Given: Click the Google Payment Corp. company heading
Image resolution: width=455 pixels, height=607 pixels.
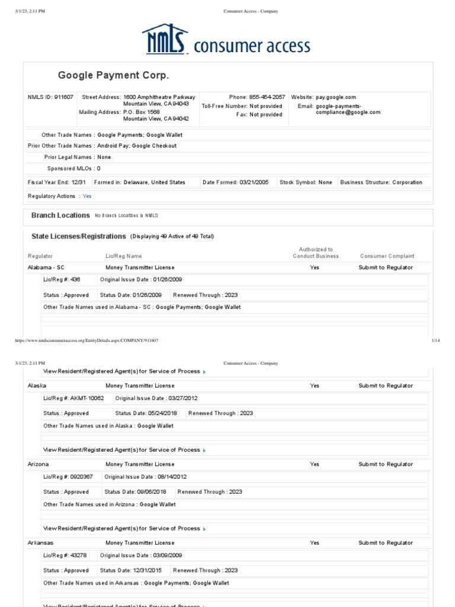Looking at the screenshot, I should (113, 75).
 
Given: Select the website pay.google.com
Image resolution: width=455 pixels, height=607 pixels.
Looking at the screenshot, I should (336, 97).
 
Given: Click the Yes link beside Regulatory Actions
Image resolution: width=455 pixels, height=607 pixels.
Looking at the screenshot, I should (87, 196).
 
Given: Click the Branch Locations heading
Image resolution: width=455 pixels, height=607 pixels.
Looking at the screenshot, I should (60, 216).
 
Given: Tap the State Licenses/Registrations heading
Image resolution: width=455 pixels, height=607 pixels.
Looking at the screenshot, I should (79, 237).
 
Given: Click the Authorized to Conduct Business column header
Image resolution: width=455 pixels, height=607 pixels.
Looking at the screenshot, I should (316, 253).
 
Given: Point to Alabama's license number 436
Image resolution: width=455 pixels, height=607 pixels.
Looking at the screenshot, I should (75, 279).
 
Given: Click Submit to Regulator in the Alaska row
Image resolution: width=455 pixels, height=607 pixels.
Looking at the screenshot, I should (386, 386).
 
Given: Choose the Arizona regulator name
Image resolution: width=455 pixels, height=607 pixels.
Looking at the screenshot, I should (39, 465).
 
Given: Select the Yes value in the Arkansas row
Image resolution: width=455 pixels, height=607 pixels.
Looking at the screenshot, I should (315, 543).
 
